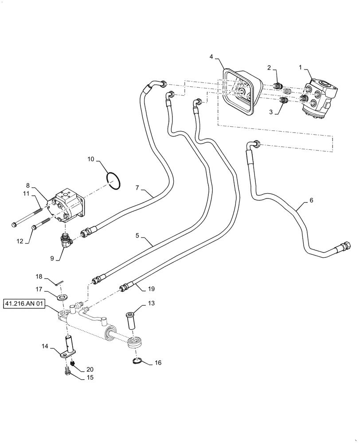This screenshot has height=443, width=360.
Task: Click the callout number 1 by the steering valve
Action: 301,67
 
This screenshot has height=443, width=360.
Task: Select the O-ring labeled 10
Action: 113,182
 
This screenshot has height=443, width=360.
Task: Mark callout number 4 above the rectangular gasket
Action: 211,57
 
